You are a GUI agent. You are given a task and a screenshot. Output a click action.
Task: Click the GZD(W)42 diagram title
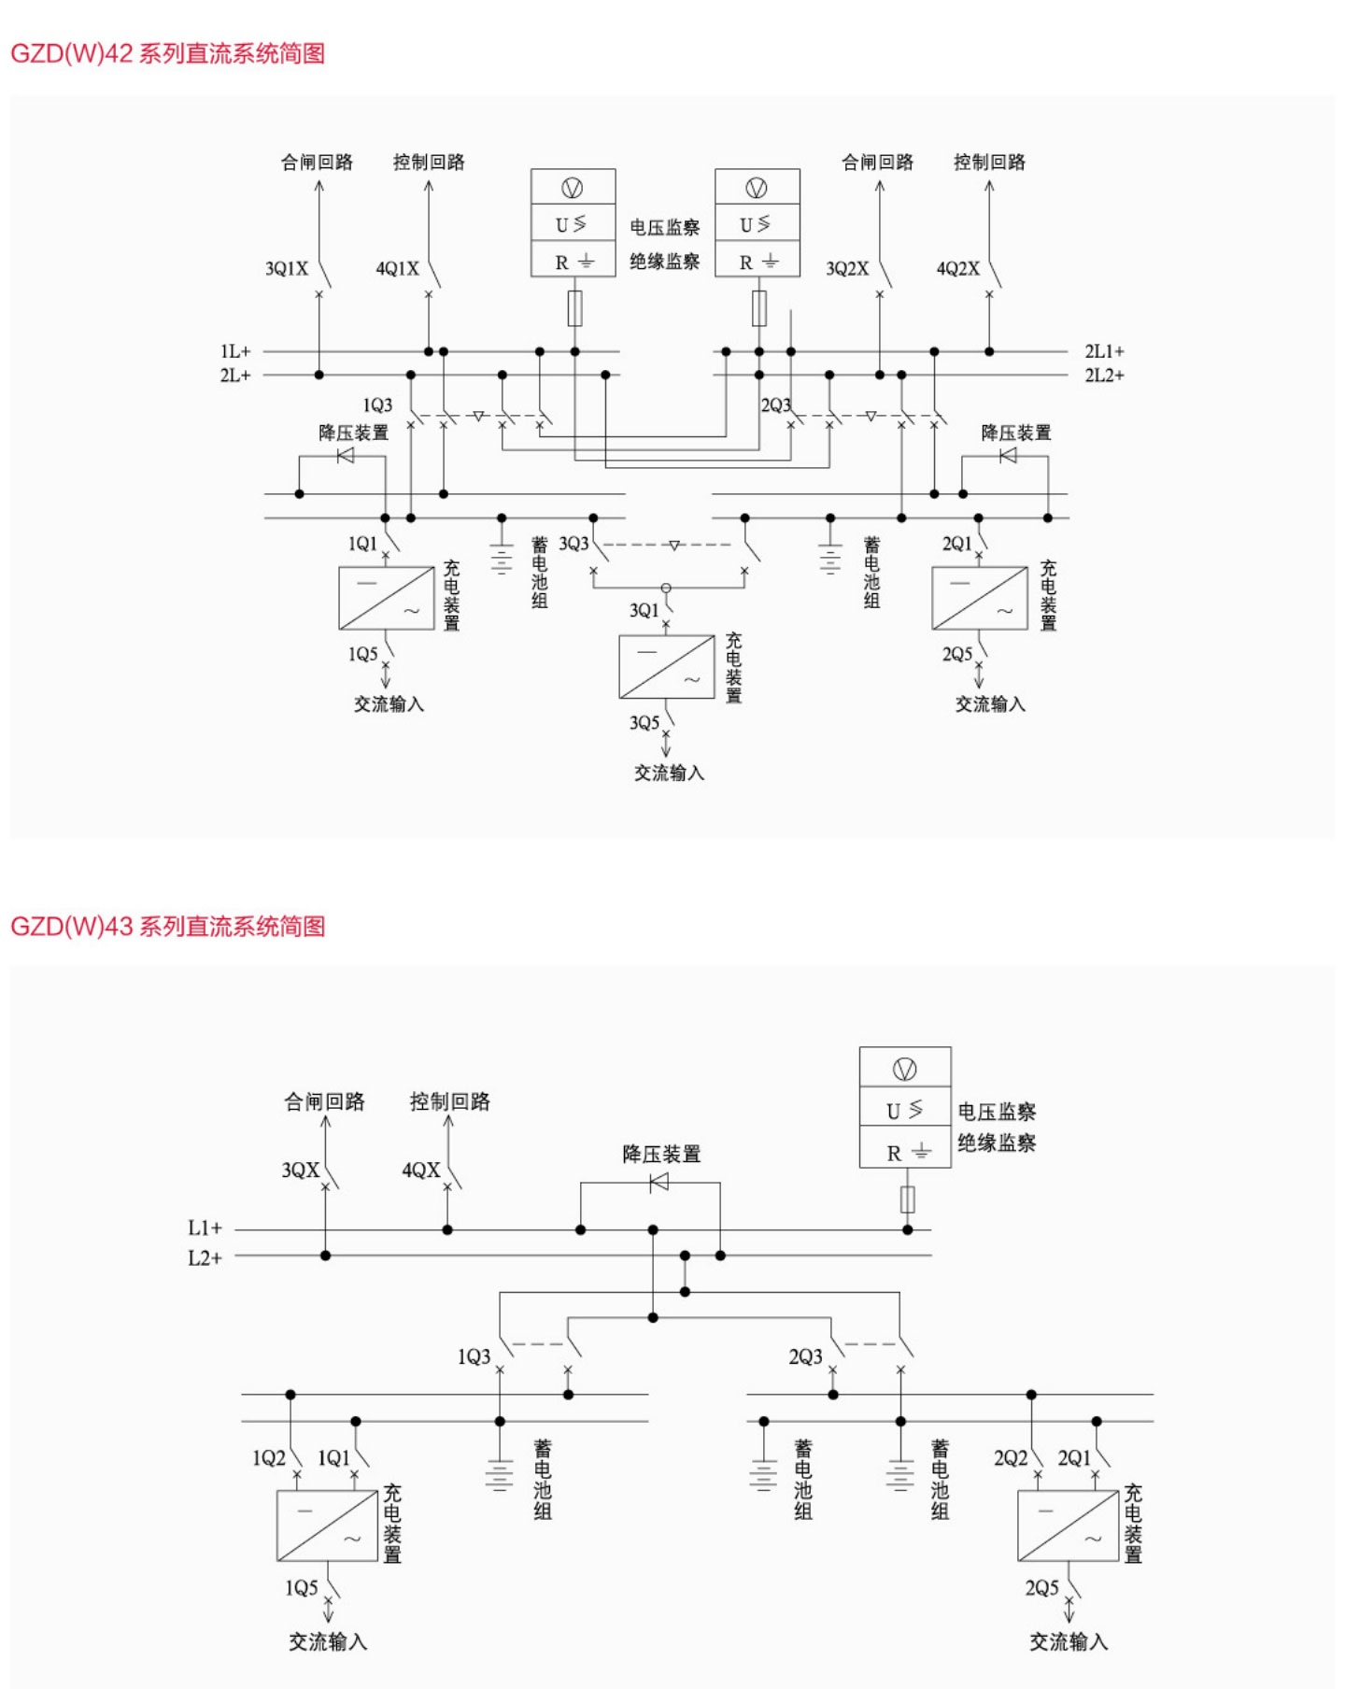[x=167, y=53]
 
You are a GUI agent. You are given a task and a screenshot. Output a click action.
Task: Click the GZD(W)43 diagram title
[x=167, y=926]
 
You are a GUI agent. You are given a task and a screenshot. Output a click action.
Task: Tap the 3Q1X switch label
[x=287, y=269]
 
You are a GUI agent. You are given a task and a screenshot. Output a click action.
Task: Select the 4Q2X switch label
[x=957, y=269]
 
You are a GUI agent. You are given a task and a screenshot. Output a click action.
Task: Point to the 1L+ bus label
[x=235, y=351]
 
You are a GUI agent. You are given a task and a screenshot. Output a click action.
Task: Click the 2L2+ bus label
[x=1104, y=376]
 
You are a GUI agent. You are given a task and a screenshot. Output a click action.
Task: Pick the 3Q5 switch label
[x=644, y=723]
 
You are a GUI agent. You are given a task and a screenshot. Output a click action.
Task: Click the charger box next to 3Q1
[x=666, y=667]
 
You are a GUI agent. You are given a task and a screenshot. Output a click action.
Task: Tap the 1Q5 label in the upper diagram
[x=362, y=654]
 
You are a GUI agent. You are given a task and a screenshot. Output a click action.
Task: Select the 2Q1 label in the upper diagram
[x=956, y=544]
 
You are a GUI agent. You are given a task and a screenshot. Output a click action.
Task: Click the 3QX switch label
[x=300, y=1170]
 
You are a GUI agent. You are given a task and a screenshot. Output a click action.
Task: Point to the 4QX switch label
[x=420, y=1170]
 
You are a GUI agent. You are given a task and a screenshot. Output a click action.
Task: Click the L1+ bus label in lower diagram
[x=205, y=1228]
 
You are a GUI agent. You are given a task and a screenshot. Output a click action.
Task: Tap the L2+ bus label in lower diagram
[x=205, y=1257]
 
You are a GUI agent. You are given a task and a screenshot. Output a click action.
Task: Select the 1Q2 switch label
[x=268, y=1458]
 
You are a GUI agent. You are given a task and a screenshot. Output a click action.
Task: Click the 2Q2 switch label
[x=1010, y=1458]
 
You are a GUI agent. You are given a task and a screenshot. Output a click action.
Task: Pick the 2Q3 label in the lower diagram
[x=805, y=1356]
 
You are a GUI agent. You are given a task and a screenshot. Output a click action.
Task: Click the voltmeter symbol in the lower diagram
[x=904, y=1069]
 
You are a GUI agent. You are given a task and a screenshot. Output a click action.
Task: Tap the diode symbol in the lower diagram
[x=658, y=1183]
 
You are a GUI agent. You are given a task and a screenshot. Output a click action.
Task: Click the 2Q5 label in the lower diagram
[x=1041, y=1588]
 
